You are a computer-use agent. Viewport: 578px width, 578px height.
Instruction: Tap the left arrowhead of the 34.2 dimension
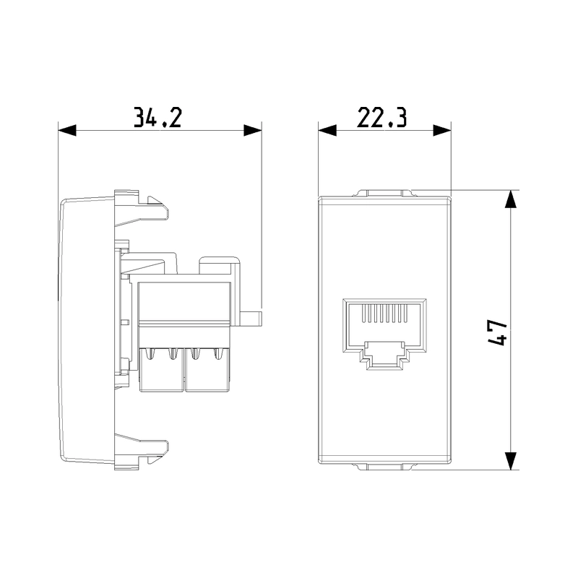pos(66,131)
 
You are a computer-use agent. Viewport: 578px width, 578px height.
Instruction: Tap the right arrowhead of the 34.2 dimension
pos(252,131)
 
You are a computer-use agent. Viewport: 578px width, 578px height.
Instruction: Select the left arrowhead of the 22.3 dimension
pos(327,131)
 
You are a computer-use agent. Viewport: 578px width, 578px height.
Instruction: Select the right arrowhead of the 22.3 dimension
pos(441,131)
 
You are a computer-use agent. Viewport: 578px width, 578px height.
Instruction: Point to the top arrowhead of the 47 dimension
pos(511,199)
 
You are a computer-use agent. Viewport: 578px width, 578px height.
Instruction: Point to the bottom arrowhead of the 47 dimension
pos(511,460)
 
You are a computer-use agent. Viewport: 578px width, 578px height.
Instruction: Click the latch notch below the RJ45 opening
pos(384,358)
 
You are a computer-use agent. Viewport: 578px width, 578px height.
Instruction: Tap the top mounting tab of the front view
pos(384,194)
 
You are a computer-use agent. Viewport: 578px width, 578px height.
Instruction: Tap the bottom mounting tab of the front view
pos(384,467)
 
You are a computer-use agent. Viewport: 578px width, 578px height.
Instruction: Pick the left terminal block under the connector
pos(162,371)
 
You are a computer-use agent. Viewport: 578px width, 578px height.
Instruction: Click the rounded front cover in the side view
pos(83,329)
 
